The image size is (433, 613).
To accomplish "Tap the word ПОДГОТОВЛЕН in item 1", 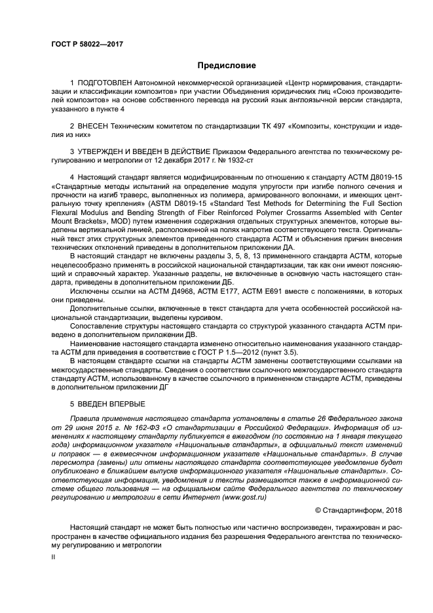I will (x=106, y=83).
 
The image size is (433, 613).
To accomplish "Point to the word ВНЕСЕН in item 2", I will (x=94, y=125).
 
